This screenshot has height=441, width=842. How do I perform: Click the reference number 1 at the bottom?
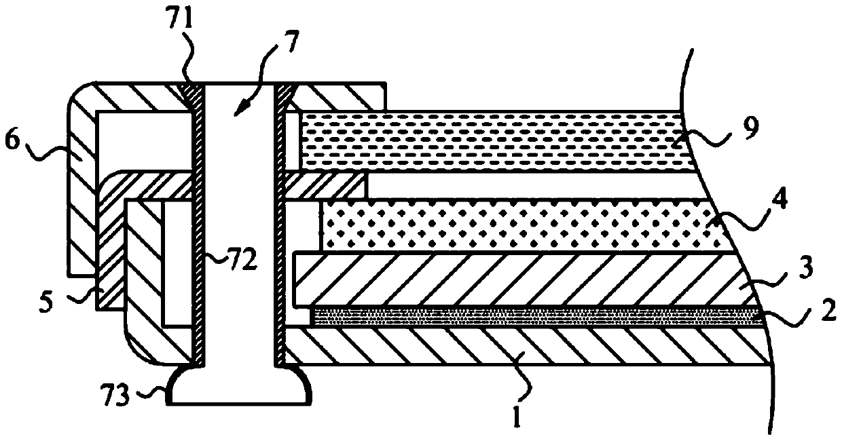[x=517, y=415]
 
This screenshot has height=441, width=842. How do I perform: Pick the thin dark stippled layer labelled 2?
[x=530, y=316]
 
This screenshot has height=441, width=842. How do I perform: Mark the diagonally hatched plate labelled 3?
[x=502, y=278]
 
